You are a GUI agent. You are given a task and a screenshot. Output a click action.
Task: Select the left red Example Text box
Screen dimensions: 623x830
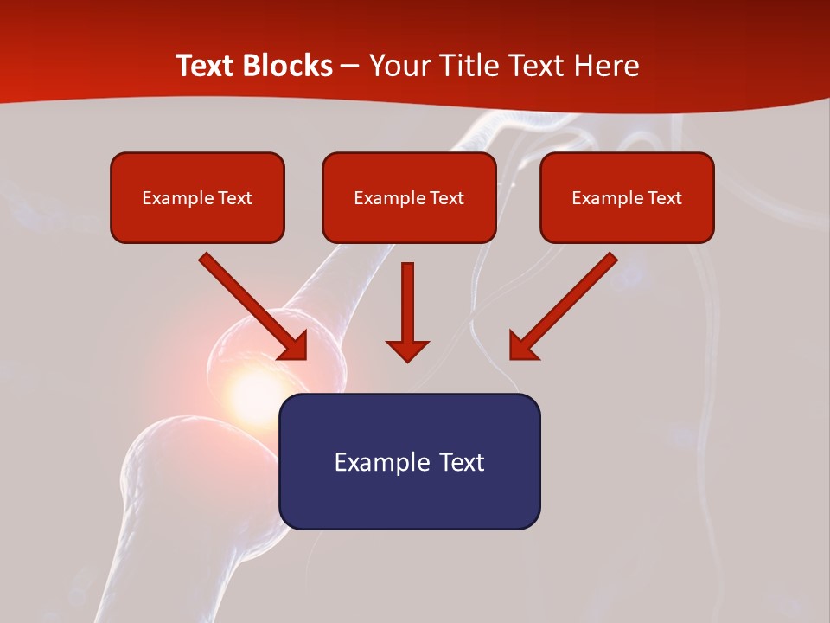pyautogui.click(x=197, y=198)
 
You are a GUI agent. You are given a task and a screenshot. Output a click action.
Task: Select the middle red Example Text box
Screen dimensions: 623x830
pyautogui.click(x=409, y=198)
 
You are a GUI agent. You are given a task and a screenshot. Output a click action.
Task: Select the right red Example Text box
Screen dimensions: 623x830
pyautogui.click(x=627, y=198)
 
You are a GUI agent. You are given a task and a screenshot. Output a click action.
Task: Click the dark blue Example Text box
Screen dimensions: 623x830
pyautogui.click(x=409, y=461)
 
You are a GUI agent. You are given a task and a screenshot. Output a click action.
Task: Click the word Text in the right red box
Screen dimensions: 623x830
pyautogui.click(x=664, y=198)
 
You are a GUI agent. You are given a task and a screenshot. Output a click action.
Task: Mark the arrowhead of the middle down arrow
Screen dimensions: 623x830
pyautogui.click(x=407, y=350)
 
